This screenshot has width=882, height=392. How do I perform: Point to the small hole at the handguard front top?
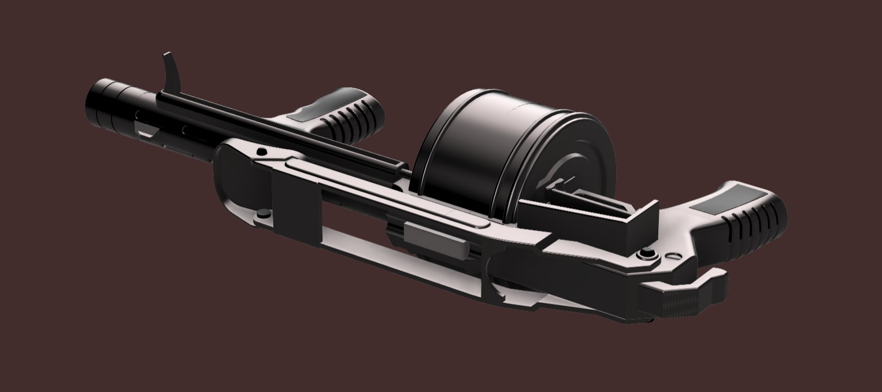262,152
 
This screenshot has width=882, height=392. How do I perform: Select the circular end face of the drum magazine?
572,162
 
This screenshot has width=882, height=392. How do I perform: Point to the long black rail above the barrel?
277,127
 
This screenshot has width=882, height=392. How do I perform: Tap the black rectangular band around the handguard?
295,208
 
